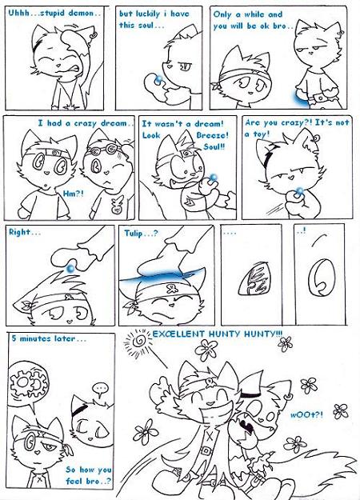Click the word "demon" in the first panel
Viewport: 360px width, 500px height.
82,14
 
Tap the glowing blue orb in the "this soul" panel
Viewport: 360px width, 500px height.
158,79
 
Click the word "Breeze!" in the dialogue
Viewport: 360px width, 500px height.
212,135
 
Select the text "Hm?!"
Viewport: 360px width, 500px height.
74,194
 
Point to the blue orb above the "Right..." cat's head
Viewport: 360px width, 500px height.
70,269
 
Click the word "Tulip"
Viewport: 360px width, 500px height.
134,234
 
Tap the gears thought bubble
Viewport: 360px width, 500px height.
30,382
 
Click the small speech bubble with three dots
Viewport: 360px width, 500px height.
101,389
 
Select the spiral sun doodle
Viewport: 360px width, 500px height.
139,342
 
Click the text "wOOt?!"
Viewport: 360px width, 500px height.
306,415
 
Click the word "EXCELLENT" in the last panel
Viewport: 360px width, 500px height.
178,334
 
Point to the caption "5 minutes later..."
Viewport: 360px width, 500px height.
49,338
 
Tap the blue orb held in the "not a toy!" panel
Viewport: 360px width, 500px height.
299,190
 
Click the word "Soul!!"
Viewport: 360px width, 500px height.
214,147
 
